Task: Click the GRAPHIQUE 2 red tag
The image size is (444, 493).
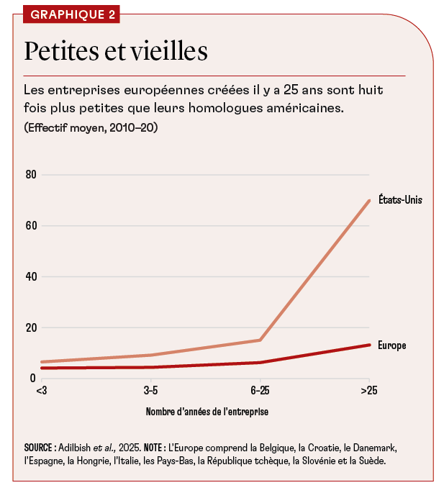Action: tap(70, 14)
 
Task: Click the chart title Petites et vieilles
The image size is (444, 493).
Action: tap(116, 52)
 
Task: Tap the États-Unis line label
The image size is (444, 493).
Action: tap(399, 200)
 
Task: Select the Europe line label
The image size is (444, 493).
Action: tap(392, 345)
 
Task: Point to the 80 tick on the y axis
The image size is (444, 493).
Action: tap(31, 175)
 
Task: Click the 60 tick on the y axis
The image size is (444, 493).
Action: tap(31, 226)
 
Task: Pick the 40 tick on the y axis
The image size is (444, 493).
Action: tap(31, 276)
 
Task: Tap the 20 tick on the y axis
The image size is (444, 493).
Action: tap(31, 327)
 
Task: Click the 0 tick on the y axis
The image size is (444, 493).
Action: tap(33, 378)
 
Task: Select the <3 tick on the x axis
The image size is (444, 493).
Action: tap(42, 391)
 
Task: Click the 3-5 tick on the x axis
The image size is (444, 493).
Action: tap(151, 391)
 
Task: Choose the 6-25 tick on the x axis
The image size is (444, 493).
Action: tap(260, 391)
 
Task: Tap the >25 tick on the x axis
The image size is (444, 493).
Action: tap(369, 391)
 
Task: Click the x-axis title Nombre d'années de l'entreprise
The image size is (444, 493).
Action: tap(207, 412)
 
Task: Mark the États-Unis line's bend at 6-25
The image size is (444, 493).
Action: tap(260, 340)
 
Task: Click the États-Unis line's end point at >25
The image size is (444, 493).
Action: tap(369, 200)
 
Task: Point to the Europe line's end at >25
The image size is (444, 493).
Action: tap(369, 345)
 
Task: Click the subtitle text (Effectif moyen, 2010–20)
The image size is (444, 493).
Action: tap(91, 128)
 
